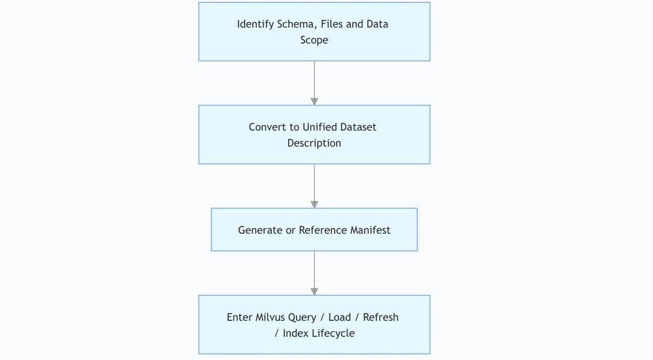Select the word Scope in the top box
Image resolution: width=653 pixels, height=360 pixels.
[315, 40]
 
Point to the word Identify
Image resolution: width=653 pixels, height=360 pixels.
[255, 24]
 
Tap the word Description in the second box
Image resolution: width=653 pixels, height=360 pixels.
[315, 144]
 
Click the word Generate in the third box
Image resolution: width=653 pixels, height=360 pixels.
[260, 230]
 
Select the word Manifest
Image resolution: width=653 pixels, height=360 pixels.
[370, 230]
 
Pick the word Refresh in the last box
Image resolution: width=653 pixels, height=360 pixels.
[381, 317]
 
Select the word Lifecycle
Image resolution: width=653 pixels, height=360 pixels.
[333, 333]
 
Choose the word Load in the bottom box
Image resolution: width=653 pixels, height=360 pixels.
[340, 317]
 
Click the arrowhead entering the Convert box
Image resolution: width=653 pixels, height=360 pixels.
[315, 102]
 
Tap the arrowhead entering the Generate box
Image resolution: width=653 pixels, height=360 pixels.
[315, 204]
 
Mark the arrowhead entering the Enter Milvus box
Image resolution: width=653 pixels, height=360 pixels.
[315, 291]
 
